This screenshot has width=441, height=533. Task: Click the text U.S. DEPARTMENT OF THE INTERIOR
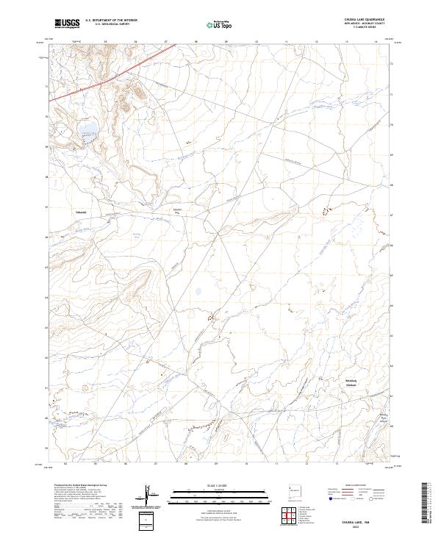click(111, 21)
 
